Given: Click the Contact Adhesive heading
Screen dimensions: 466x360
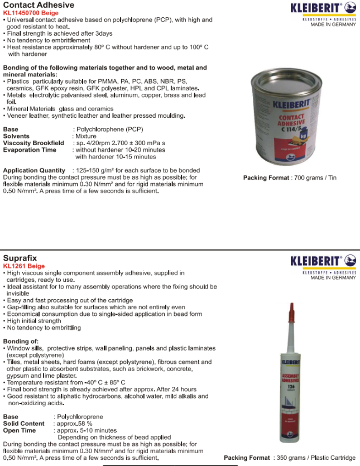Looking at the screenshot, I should click(39, 5).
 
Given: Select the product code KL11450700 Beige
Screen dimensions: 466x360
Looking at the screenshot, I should click(31, 13).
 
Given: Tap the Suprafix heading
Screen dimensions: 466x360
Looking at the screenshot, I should click(20, 258).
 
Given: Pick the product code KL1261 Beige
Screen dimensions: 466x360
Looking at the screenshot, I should click(24, 266).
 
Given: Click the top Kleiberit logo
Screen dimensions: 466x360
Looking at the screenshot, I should click(323, 8).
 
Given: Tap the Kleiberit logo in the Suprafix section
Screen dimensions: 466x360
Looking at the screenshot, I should click(323, 261).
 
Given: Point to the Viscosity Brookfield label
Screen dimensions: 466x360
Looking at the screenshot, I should click(33, 143).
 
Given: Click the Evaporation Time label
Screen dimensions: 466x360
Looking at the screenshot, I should click(30, 150).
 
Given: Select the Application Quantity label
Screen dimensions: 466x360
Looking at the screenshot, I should click(35, 170).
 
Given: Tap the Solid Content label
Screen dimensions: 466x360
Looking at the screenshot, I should click(23, 424).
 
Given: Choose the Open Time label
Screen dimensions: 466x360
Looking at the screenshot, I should click(20, 430).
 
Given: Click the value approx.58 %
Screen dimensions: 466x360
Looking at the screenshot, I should click(76, 424).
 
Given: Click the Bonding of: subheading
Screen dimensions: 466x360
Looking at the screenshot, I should click(21, 341).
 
